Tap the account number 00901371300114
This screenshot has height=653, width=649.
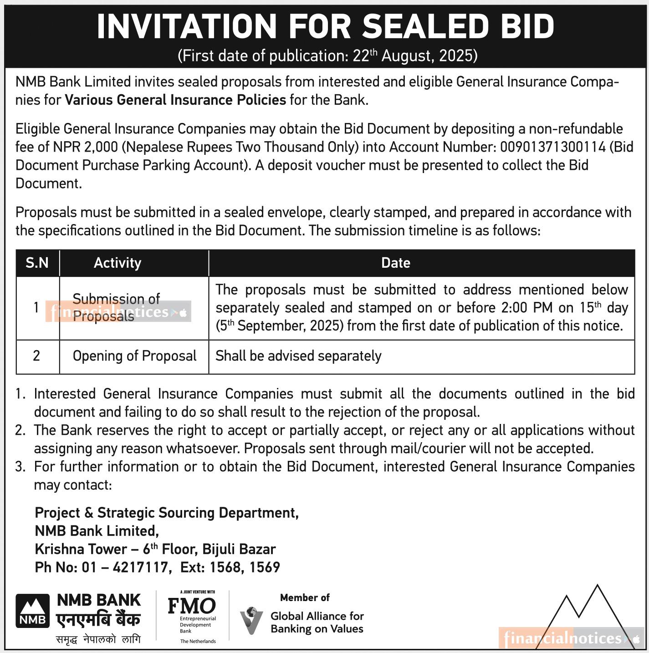point(552,147)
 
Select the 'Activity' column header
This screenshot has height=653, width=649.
point(118,263)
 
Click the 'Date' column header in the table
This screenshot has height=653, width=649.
point(395,263)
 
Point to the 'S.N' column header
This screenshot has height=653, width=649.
point(37,263)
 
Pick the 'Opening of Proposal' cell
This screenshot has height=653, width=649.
point(134,356)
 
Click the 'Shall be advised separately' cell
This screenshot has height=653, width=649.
point(298,356)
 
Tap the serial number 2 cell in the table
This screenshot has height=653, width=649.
point(36,356)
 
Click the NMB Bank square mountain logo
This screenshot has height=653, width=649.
point(32,611)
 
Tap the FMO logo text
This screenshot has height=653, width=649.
point(192,606)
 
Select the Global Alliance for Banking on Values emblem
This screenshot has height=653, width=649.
point(251,620)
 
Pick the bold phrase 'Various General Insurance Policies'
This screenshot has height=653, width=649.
point(175,100)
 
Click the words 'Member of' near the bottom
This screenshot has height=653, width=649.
point(305,597)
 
